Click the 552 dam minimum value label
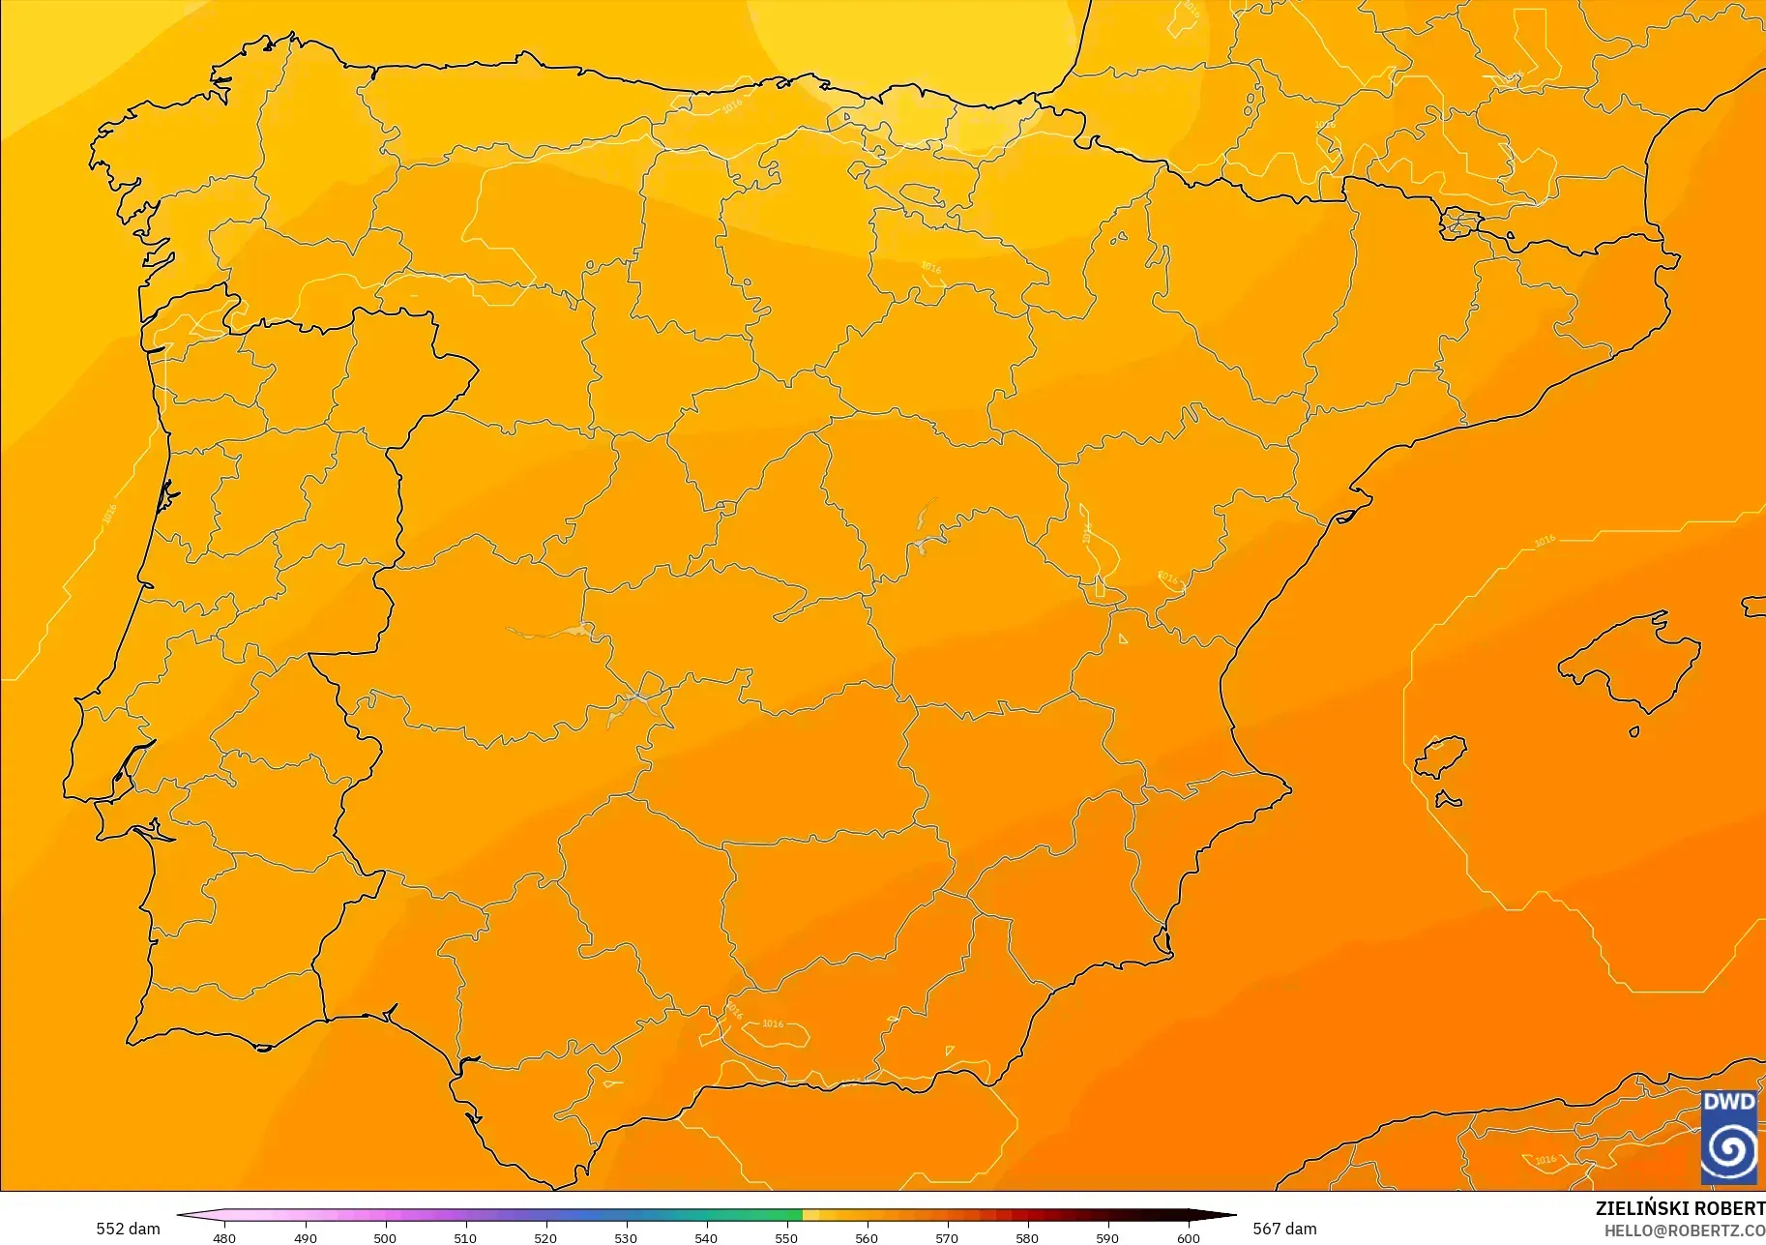[x=128, y=1229]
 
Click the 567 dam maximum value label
[x=1284, y=1229]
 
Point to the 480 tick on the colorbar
[x=224, y=1237]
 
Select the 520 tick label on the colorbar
[x=545, y=1237]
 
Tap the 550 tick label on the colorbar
[x=786, y=1237]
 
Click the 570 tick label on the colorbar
[x=947, y=1237]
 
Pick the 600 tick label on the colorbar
[x=1188, y=1237]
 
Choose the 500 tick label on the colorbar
[x=385, y=1237]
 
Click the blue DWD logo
[x=1729, y=1137]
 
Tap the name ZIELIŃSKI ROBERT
[x=1679, y=1208]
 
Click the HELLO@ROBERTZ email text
[x=1684, y=1230]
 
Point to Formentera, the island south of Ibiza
[x=1448, y=800]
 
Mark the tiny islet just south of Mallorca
[x=1634, y=731]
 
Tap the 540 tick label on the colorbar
[x=706, y=1237]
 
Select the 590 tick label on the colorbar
[x=1107, y=1237]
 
